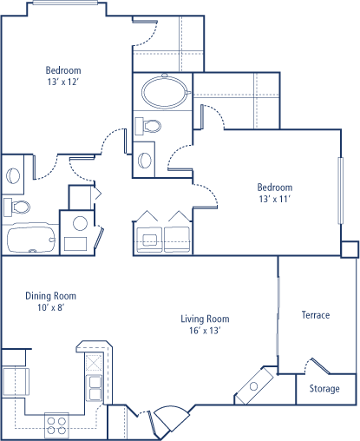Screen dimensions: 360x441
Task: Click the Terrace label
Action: [316, 315]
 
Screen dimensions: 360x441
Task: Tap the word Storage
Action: [324, 389]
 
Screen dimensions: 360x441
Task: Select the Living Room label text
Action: [205, 319]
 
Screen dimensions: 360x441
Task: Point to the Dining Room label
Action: [51, 296]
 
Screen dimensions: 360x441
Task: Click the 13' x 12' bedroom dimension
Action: [63, 82]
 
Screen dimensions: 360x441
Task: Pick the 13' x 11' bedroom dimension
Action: [275, 199]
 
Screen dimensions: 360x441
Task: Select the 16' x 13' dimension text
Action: [205, 331]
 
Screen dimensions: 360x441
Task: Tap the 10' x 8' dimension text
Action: [50, 307]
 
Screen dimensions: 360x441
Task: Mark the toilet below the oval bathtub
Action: [148, 126]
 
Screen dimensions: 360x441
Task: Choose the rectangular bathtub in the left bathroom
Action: [31, 240]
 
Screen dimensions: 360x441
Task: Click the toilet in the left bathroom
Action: [16, 207]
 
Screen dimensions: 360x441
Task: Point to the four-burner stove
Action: [56, 425]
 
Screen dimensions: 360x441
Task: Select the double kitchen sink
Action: [95, 388]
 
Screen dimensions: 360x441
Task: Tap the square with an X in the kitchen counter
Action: [95, 362]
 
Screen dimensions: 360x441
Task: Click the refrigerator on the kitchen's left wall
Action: [16, 381]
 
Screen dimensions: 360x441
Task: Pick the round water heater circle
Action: [80, 223]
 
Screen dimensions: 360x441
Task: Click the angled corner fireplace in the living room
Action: [254, 385]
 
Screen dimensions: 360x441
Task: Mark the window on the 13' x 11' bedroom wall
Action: [341, 191]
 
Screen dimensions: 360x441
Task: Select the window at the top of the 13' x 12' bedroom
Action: [65, 3]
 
